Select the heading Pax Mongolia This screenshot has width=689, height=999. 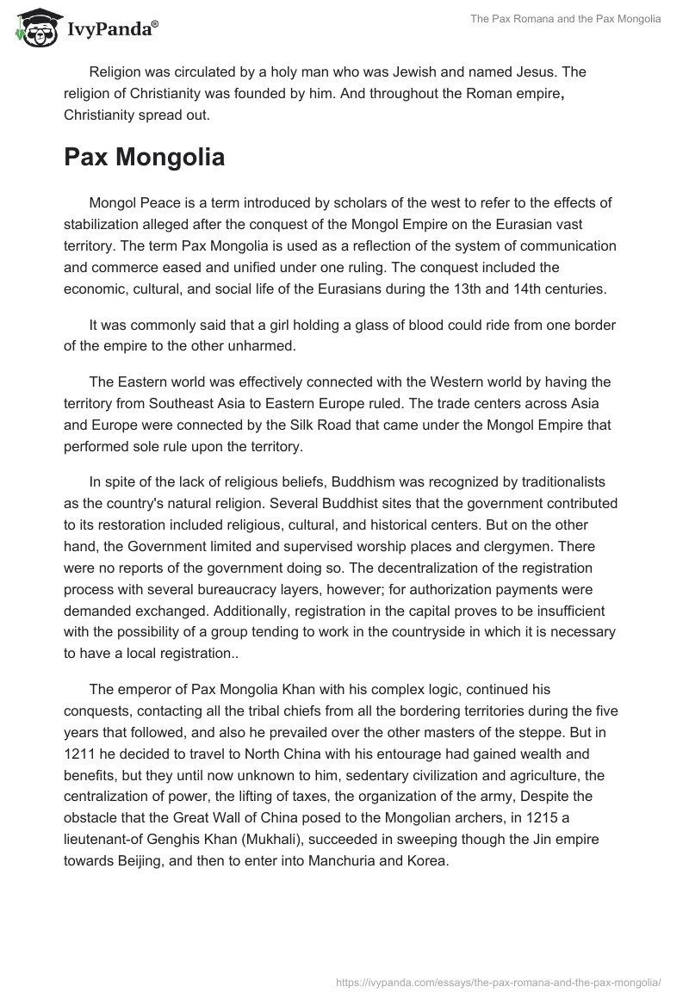144,158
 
